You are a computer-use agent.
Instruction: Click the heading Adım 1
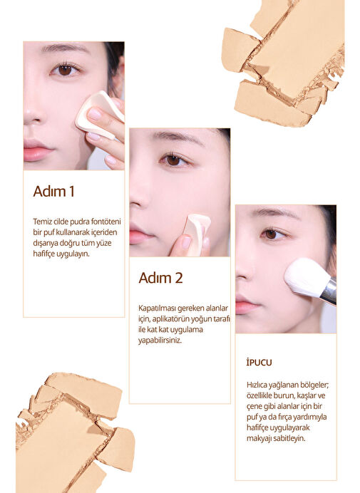(x=53, y=192)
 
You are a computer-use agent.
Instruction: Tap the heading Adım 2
(x=160, y=278)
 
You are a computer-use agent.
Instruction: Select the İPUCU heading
(x=259, y=363)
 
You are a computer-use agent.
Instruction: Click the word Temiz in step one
(x=41, y=222)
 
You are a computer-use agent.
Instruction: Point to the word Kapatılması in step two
(x=158, y=308)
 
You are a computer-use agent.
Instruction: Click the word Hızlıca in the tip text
(x=257, y=385)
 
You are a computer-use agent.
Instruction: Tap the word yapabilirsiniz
(x=160, y=341)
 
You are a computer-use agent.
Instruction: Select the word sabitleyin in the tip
(x=289, y=438)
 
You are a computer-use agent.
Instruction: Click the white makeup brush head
(x=304, y=276)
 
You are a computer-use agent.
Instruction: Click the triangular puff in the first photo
(x=98, y=115)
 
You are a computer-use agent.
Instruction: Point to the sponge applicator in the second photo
(x=195, y=231)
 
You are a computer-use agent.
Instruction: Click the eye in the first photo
(x=65, y=70)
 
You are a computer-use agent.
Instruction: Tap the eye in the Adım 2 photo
(x=174, y=160)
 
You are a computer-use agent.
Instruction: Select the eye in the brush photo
(x=272, y=234)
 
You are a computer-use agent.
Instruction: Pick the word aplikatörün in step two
(x=172, y=319)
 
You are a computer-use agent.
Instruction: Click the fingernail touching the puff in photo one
(x=94, y=114)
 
